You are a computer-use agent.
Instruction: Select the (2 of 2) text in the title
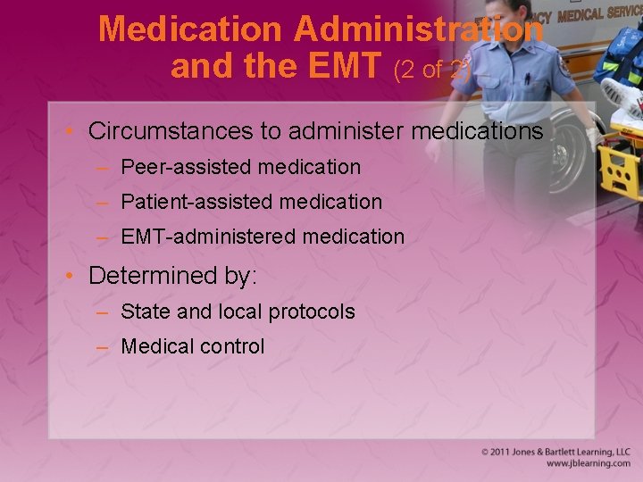[x=432, y=70]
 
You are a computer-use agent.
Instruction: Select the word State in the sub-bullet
[x=141, y=312]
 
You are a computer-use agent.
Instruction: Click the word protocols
[x=310, y=312]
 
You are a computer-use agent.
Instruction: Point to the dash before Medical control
[x=104, y=346]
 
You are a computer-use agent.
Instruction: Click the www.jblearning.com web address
[x=588, y=464]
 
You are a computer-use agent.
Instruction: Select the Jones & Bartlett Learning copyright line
[x=555, y=452]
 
